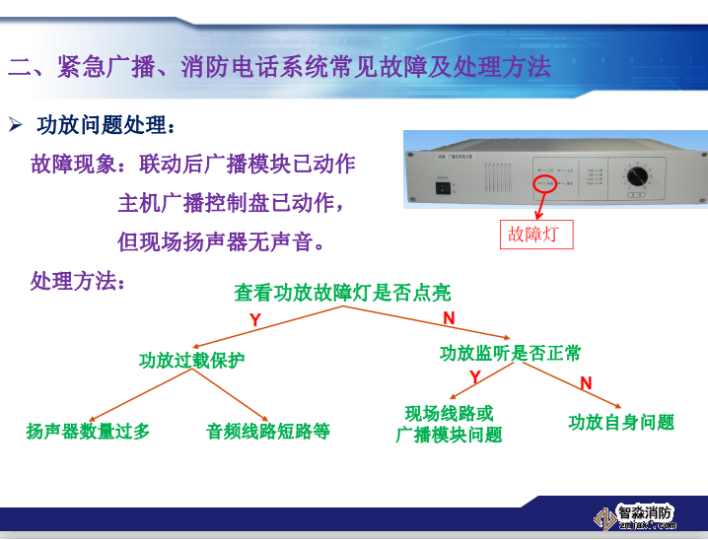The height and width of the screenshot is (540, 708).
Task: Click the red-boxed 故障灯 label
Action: coord(536,235)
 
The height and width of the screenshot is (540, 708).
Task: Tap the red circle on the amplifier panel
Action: coord(544,183)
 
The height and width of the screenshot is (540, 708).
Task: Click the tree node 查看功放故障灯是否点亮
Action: coord(342,293)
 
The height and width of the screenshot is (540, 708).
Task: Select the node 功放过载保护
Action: coord(191,361)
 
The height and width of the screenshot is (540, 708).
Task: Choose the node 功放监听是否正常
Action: coord(510,353)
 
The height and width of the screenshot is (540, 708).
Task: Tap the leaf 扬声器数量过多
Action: coord(88,431)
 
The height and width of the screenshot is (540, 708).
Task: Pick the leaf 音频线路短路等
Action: coord(267,431)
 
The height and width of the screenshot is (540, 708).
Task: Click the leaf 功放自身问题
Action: coord(621,422)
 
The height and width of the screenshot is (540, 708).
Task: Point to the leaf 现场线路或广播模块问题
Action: coord(449,424)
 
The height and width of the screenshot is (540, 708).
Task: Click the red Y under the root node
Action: coord(254,320)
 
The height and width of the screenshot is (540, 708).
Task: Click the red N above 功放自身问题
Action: coord(586,383)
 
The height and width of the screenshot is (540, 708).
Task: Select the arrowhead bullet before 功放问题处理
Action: coord(16,125)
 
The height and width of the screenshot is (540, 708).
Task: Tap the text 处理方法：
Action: coord(78,281)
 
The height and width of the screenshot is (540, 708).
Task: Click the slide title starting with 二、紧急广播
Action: coord(279,67)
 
